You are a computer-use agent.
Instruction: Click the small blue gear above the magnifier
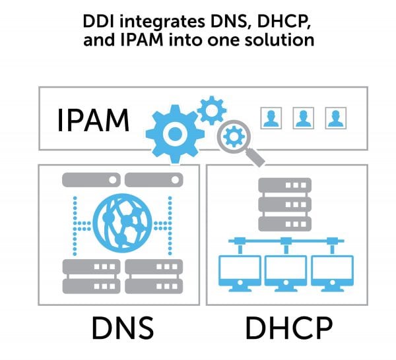tap(212, 109)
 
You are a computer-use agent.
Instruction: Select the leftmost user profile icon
tap(271, 119)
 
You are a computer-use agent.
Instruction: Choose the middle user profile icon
tap(303, 119)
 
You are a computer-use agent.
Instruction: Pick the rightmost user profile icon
tap(334, 119)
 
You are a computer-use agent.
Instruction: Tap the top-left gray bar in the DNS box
tap(91, 179)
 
